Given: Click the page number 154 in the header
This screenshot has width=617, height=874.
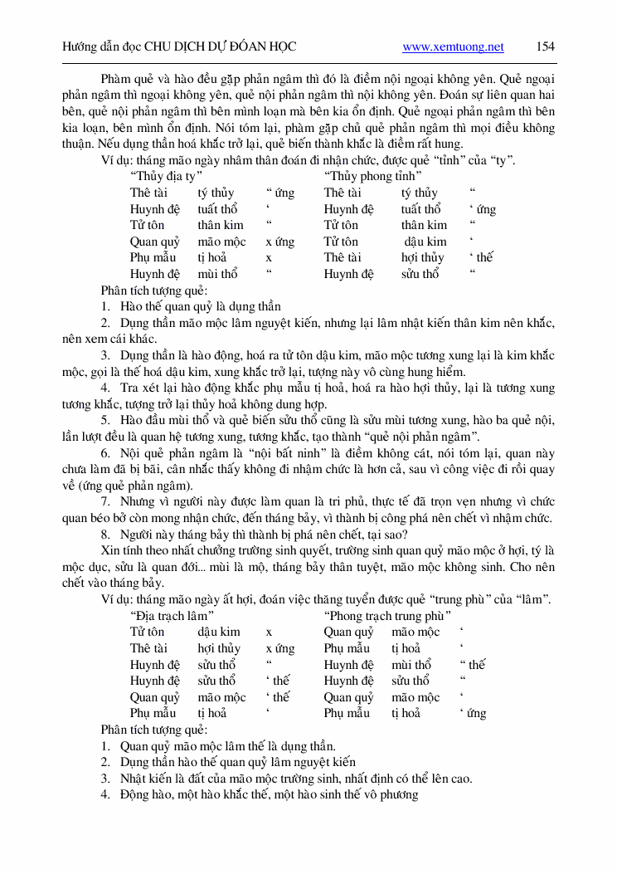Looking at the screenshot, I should point(545,46).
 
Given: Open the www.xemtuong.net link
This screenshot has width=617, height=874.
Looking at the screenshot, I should point(453,47).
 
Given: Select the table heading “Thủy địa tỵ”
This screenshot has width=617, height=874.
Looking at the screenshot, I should point(167,177).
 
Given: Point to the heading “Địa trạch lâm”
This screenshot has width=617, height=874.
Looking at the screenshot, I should point(172,616).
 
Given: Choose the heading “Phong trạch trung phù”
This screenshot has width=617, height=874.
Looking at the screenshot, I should point(388,616).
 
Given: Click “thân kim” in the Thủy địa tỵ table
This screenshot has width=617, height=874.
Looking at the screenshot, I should point(221,225).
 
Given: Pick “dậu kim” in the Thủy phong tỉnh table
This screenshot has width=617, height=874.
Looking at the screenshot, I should point(425,242).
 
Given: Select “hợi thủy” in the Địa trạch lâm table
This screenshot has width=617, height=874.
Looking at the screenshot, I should point(219,648).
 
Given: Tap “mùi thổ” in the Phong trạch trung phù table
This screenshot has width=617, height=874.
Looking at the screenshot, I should point(411,665).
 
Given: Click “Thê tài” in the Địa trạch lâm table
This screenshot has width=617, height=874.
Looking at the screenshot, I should point(148,648).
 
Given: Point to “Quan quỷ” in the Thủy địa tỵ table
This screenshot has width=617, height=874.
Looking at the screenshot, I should point(155,242).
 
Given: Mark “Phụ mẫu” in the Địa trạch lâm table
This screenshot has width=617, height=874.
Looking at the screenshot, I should point(153,713).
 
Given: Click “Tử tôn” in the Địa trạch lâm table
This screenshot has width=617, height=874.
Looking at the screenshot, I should point(148,632).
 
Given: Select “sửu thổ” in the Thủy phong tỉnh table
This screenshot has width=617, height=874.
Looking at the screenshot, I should point(420,274).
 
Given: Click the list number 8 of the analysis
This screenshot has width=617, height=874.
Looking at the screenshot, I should point(105,534).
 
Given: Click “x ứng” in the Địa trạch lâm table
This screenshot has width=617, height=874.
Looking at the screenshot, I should point(280,648).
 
